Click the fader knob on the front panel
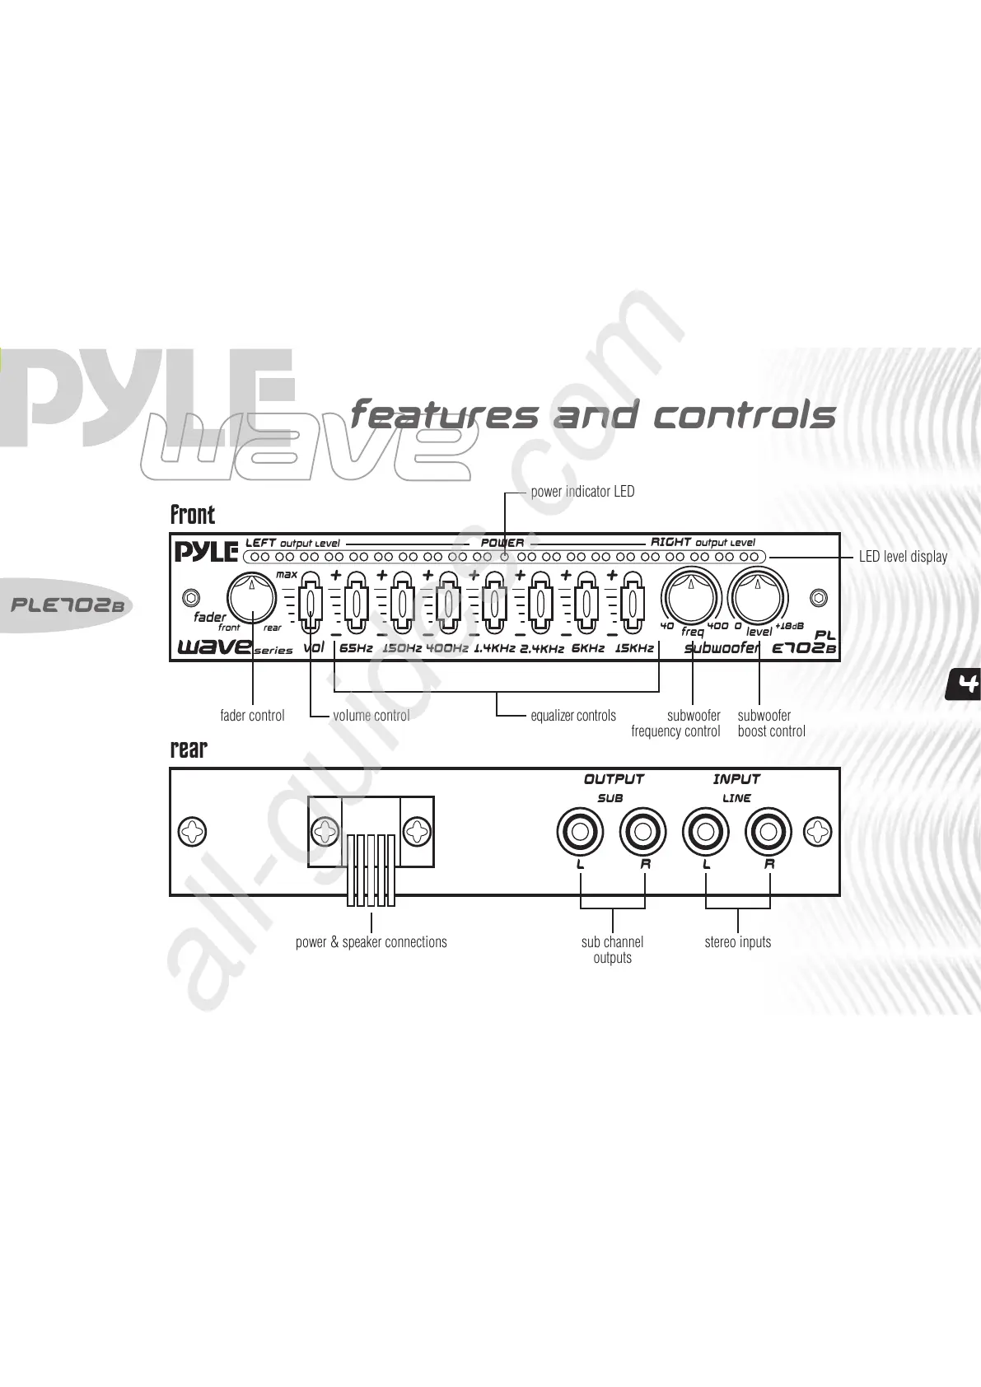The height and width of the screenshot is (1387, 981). click(x=251, y=596)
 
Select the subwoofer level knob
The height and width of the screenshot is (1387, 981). click(x=757, y=596)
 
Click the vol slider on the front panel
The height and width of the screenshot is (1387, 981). click(x=309, y=604)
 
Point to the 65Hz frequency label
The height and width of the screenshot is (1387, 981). click(x=356, y=648)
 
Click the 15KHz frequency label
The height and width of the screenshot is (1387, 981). click(x=634, y=648)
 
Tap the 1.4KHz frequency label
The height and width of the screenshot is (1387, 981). click(x=494, y=648)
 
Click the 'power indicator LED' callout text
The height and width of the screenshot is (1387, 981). click(x=582, y=492)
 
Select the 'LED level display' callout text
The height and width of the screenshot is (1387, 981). click(x=903, y=557)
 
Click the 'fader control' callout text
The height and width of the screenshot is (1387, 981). click(x=252, y=716)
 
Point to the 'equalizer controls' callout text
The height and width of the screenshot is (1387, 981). click(x=573, y=716)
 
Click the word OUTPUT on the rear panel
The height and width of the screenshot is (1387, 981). click(x=614, y=779)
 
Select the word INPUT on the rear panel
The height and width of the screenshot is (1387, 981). click(x=736, y=779)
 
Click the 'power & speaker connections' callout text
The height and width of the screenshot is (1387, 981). click(x=371, y=942)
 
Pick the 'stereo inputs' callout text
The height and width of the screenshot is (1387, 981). click(x=737, y=942)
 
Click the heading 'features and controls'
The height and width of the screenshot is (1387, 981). click(x=593, y=414)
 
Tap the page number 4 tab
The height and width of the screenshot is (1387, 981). click(x=965, y=684)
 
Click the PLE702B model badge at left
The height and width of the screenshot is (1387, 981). click(x=66, y=605)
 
